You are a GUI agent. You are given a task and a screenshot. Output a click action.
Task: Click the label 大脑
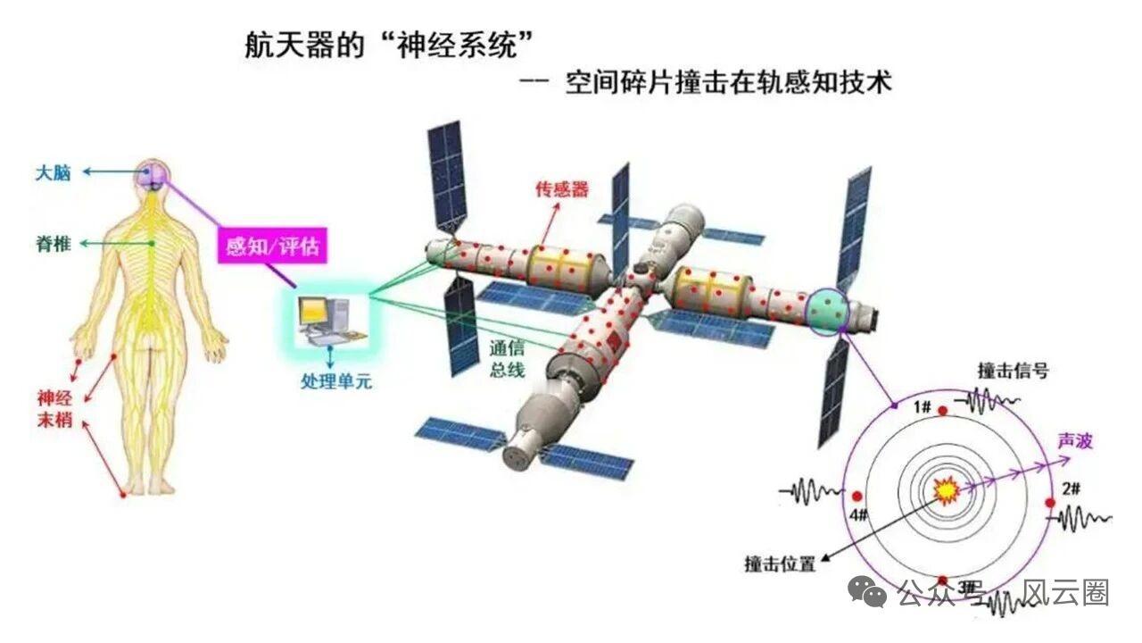coord(53,172)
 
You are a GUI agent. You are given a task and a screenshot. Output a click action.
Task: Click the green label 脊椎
coord(54,243)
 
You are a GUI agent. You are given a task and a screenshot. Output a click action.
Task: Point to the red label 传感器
coord(562,188)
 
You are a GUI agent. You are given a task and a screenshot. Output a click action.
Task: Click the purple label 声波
coord(1074,441)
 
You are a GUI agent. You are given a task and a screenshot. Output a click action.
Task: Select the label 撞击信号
coord(1013,370)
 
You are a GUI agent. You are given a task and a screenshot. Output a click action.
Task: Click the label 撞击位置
coord(780,564)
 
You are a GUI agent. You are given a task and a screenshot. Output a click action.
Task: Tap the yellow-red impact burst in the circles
coord(944,490)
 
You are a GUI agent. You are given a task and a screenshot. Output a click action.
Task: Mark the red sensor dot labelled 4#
coord(856,496)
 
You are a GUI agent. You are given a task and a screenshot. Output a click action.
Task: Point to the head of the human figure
coord(155,171)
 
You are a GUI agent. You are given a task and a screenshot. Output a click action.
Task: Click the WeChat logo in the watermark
coord(867,592)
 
